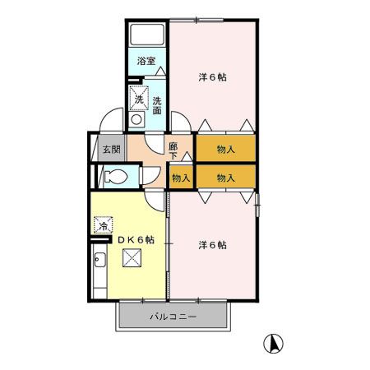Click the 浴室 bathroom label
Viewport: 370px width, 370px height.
coord(147,60)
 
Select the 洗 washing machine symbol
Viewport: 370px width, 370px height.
coord(139,99)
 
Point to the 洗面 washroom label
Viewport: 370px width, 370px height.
coord(156,105)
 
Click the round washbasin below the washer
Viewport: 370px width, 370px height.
coord(136,118)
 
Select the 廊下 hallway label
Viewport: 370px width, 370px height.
coord(173,150)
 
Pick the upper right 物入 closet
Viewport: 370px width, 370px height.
coord(225,150)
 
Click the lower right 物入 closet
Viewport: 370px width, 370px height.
coord(225,177)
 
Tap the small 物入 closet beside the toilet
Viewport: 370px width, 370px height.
coord(182,177)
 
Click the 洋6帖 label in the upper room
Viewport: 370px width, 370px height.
coord(212,77)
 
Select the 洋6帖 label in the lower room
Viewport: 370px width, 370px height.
coord(212,245)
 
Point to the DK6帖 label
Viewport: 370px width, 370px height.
coord(136,239)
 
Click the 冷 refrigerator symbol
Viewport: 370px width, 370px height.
coord(104,224)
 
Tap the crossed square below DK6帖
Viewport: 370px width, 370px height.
coord(132,260)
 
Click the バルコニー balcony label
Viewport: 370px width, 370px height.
coord(173,317)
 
